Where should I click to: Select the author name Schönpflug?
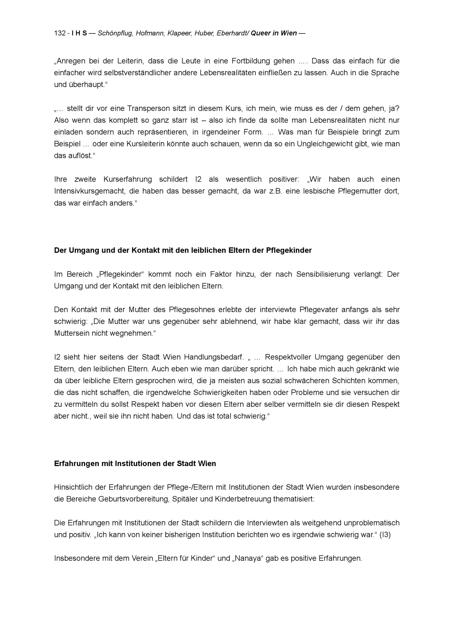point(115,33)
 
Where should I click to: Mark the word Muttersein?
point(72,333)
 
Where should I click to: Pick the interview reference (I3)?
point(385,535)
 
